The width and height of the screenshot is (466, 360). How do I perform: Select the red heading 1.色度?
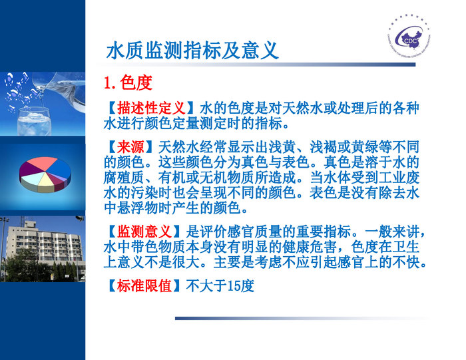pyautogui.click(x=127, y=83)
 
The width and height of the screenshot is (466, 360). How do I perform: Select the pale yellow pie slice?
pyautogui.click(x=45, y=178)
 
